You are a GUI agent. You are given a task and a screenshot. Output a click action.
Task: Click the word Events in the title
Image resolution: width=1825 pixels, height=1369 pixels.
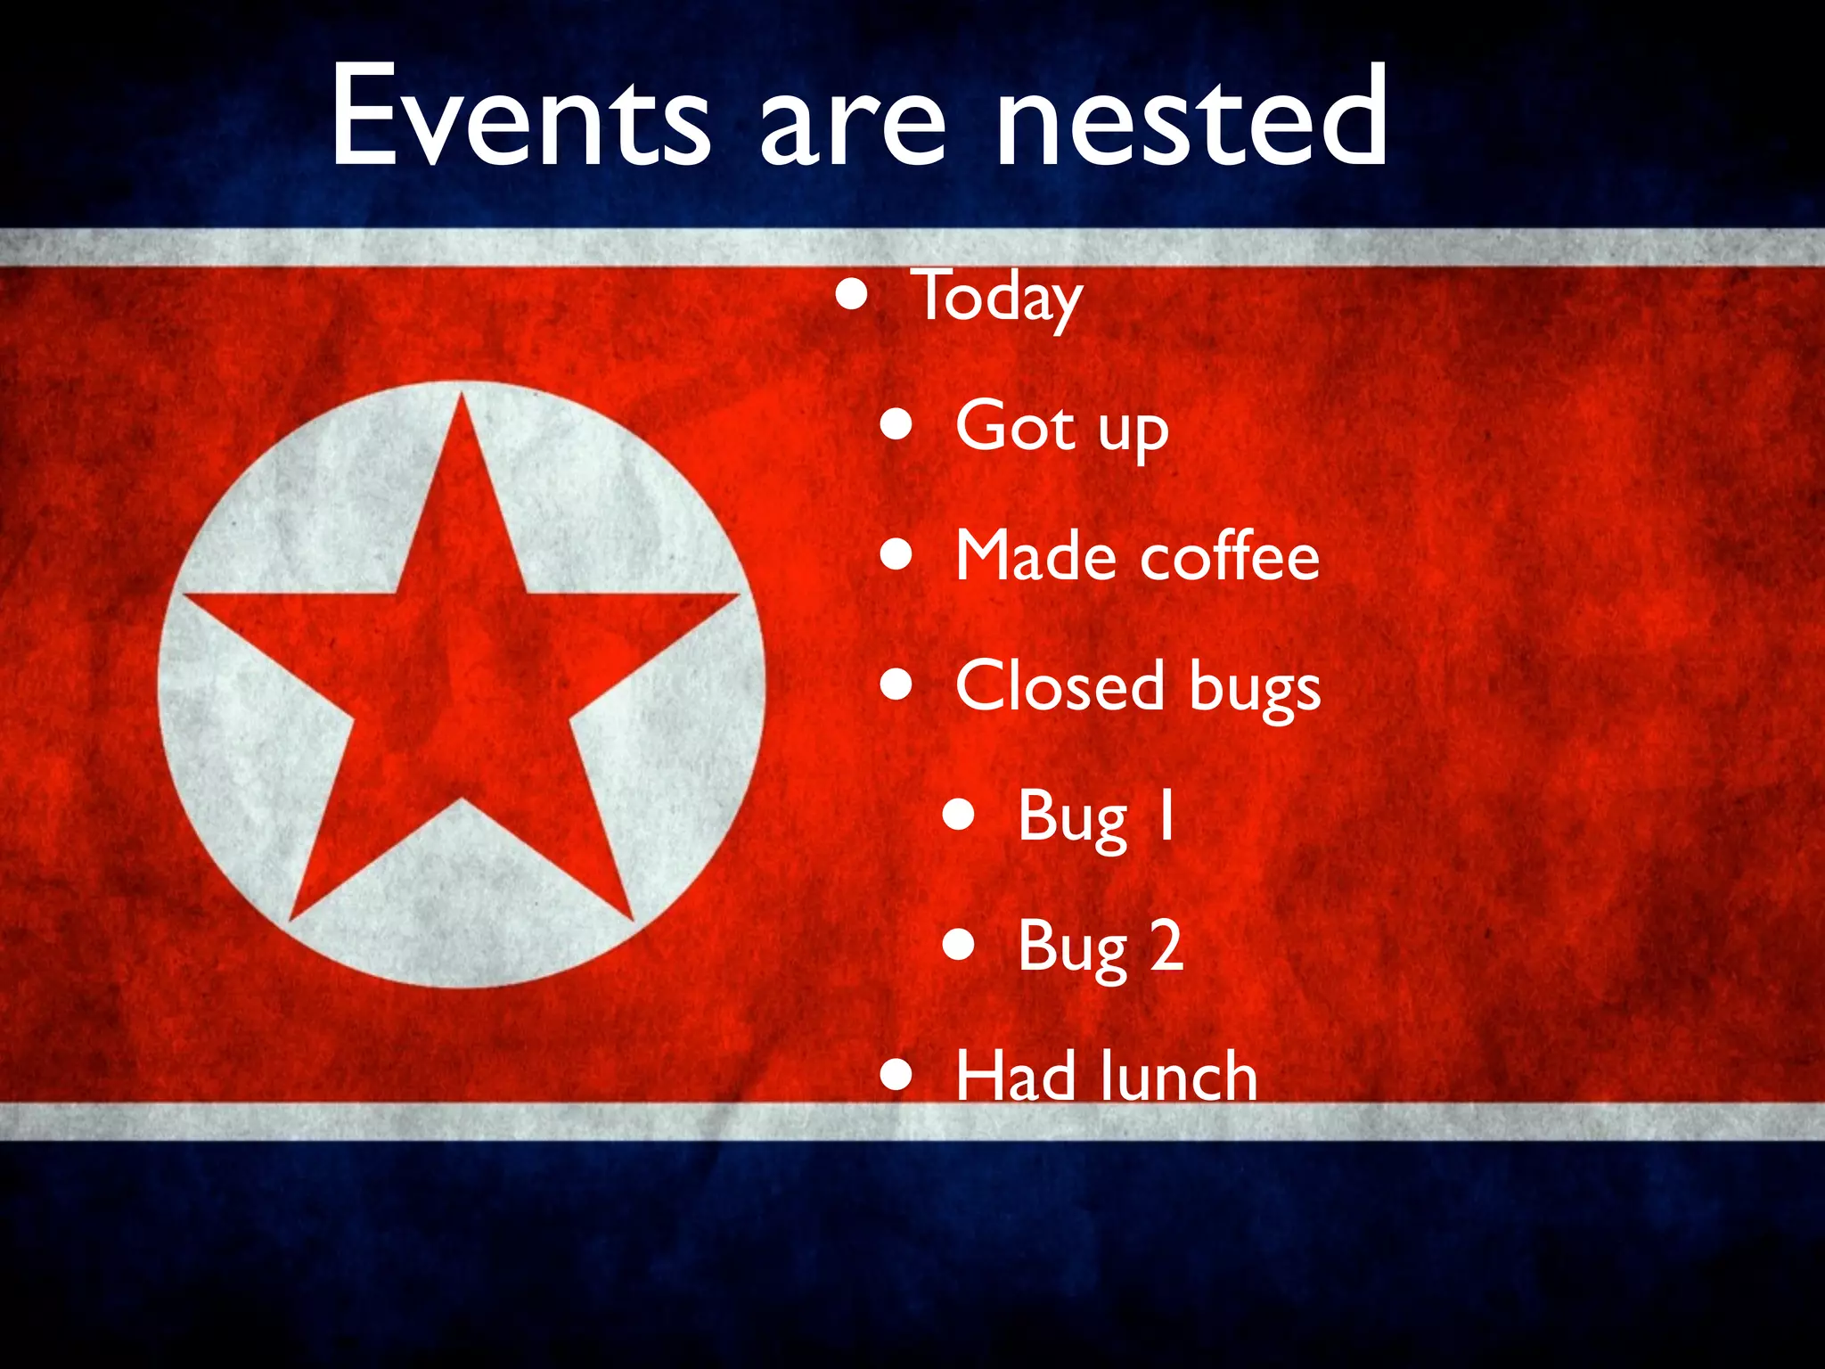(x=520, y=116)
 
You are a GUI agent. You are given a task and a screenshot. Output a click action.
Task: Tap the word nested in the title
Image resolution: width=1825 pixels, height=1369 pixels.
(x=1191, y=116)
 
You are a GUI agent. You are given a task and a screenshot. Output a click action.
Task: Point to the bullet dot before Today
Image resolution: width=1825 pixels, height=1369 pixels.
(x=853, y=295)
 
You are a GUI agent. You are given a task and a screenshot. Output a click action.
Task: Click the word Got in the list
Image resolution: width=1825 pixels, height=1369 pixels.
(x=1015, y=426)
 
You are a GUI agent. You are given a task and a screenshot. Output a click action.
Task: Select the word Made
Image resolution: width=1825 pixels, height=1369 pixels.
(x=1035, y=555)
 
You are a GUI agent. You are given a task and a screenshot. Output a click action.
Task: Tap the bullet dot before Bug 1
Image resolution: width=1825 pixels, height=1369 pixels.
(x=959, y=815)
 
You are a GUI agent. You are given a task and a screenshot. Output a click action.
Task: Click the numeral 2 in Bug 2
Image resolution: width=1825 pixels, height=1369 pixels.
(x=1166, y=945)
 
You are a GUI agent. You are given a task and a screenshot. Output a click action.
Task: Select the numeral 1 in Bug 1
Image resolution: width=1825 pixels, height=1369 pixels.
(x=1164, y=815)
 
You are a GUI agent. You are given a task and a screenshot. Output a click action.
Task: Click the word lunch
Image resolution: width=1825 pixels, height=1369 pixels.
(x=1178, y=1076)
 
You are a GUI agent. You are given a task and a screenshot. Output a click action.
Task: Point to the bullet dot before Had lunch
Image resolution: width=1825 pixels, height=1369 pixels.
(x=896, y=1075)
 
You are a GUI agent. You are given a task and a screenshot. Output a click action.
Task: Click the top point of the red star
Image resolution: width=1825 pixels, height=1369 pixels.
(x=462, y=398)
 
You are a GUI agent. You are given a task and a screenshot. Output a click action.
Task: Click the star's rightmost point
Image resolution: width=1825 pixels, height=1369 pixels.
(x=736, y=595)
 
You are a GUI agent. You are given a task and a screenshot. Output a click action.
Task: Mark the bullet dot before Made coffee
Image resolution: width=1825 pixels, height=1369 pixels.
(x=896, y=555)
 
